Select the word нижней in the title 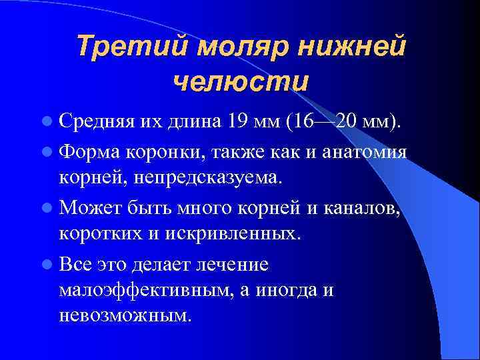(351, 48)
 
